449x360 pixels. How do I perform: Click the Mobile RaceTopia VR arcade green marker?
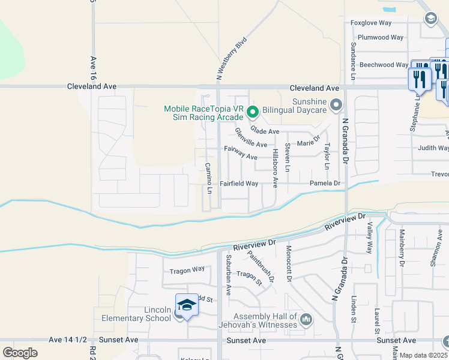[253, 111]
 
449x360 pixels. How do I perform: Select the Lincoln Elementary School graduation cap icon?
[187, 305]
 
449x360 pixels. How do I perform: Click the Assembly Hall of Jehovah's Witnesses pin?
[306, 319]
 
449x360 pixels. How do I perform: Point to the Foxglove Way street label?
[371, 23]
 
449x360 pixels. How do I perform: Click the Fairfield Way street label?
[239, 184]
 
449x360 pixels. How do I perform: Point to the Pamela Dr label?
[325, 183]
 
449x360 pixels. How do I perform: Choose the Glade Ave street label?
[265, 131]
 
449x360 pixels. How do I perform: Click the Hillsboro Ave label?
[276, 169]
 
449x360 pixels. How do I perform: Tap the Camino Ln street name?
[209, 178]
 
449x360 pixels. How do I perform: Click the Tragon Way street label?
[187, 271]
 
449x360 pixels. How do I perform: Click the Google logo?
[20, 353]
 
